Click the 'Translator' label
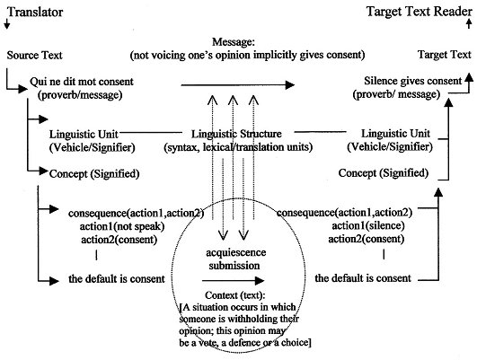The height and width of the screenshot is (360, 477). pos(35,13)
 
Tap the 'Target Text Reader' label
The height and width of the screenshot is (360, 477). pos(420,12)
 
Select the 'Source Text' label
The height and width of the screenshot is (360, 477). pos(34,56)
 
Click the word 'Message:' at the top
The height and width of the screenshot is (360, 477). pos(234,41)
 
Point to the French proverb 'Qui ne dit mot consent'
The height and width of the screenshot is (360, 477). pos(82,82)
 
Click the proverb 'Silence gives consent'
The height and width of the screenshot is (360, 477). pos(413,81)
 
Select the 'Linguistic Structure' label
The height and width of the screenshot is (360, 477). pos(236,134)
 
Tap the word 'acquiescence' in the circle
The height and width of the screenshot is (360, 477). pos(235,252)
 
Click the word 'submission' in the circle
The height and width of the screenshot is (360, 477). pos(234,266)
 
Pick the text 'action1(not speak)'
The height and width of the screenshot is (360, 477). pos(122,226)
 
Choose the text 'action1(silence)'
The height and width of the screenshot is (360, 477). pos(368,226)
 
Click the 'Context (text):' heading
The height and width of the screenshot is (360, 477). pos(235,295)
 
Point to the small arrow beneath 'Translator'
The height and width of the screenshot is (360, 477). pos(6,24)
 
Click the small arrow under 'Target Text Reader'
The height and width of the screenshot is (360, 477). pos(469,23)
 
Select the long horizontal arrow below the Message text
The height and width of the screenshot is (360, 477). pos(237,85)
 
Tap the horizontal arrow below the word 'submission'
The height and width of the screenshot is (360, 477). pos(233,281)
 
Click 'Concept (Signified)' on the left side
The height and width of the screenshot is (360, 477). pos(94,174)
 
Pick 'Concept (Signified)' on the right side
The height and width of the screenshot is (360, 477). pos(384,173)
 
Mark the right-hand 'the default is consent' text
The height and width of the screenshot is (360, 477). pos(363,278)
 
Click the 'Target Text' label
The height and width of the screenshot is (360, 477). pos(445,55)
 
